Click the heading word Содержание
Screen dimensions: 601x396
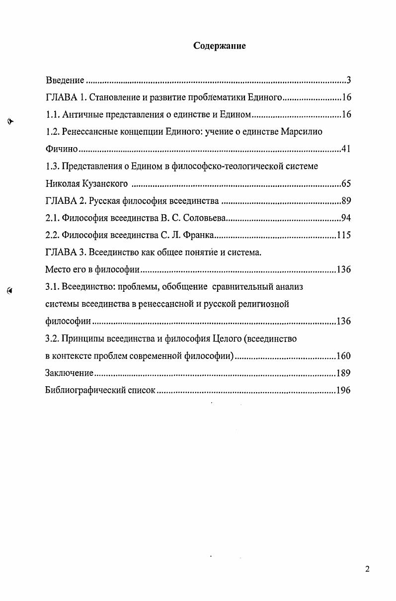tap(220, 46)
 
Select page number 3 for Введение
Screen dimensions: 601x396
tap(349, 81)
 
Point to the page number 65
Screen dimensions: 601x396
tap(346, 184)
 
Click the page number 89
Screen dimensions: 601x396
tap(346, 201)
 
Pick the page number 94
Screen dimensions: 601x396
tap(346, 218)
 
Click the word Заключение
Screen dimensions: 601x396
tap(69, 373)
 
